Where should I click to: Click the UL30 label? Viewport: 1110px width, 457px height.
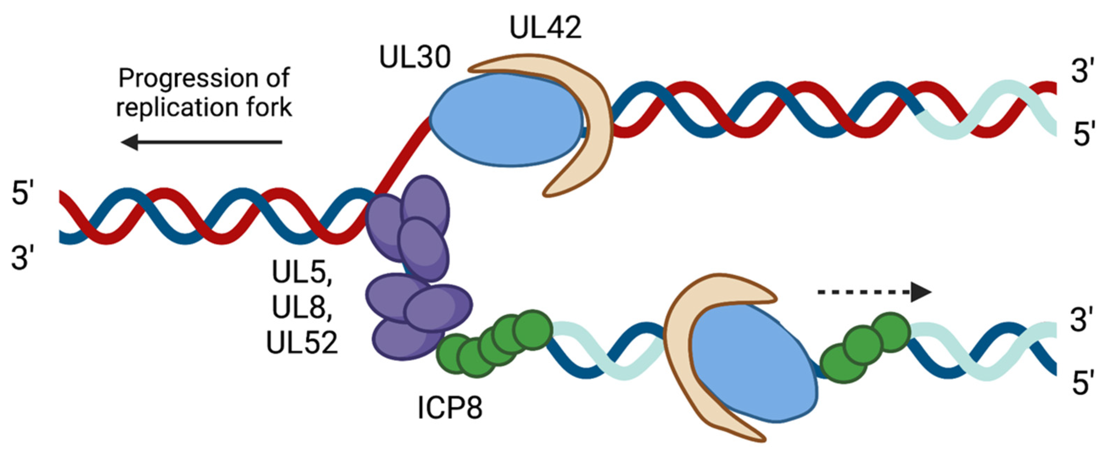(x=415, y=58)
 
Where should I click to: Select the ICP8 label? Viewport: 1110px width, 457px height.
(x=450, y=408)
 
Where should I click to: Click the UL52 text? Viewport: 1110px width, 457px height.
(x=302, y=344)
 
